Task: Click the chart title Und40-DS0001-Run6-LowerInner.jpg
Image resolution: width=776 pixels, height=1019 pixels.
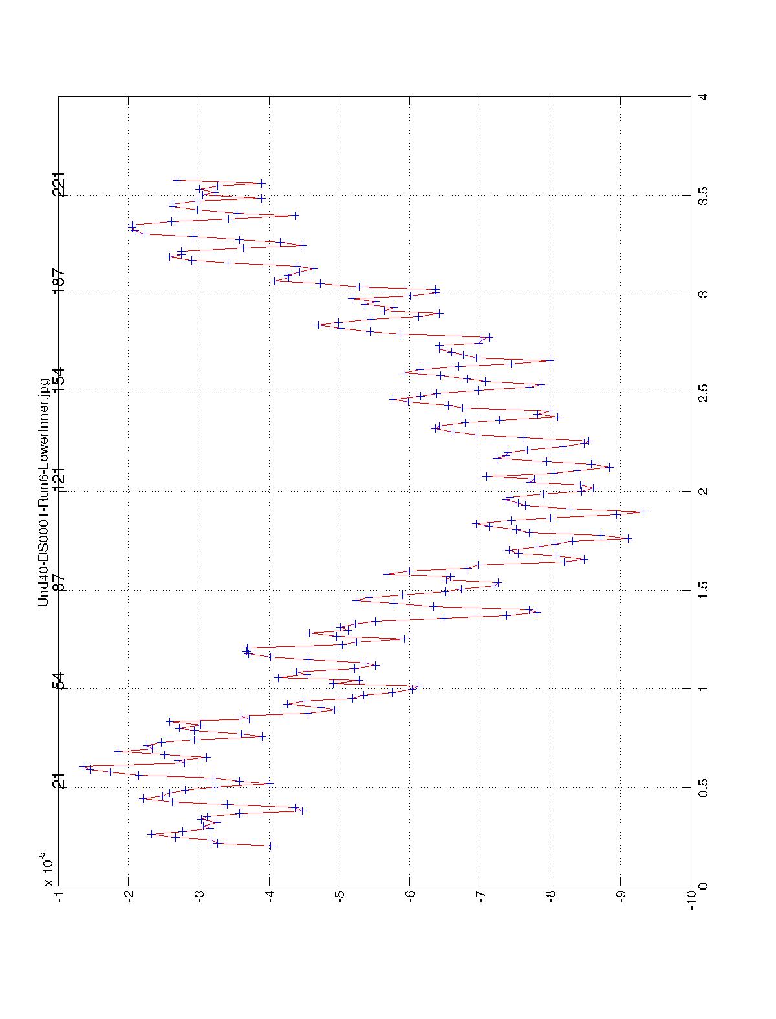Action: coord(44,492)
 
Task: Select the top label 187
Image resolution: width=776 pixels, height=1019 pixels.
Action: coord(59,282)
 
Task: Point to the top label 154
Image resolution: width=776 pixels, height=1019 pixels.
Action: coord(59,380)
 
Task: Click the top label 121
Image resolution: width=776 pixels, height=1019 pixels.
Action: coord(59,479)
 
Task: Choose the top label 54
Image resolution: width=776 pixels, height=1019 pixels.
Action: coord(59,681)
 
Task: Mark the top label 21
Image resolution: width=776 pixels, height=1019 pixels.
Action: coord(59,781)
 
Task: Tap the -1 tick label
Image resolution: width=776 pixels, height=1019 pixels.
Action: coord(59,899)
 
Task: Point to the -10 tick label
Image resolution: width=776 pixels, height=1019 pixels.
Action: coord(691,900)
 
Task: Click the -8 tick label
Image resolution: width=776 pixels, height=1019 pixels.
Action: coord(550,899)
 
